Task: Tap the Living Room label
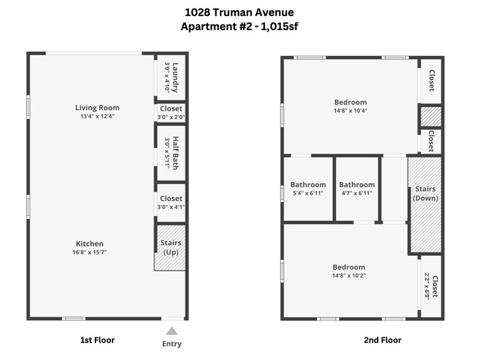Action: (x=97, y=108)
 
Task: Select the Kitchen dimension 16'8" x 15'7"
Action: (x=89, y=252)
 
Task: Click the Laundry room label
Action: (x=176, y=77)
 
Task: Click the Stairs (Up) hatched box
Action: (x=170, y=247)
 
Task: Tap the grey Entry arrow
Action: (x=172, y=331)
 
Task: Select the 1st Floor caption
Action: (x=97, y=340)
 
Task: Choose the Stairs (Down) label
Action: (x=425, y=193)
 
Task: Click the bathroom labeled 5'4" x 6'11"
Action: (x=308, y=189)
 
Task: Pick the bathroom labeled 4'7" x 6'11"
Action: (x=357, y=189)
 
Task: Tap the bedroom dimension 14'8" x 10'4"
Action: (x=350, y=111)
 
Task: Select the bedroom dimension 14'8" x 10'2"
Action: (x=349, y=276)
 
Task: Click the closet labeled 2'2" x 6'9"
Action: (x=431, y=287)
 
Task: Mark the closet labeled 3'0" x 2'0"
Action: (x=171, y=113)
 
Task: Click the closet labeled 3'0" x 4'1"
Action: (x=171, y=203)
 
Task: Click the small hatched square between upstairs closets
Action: (x=431, y=116)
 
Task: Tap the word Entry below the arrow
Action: (x=172, y=343)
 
